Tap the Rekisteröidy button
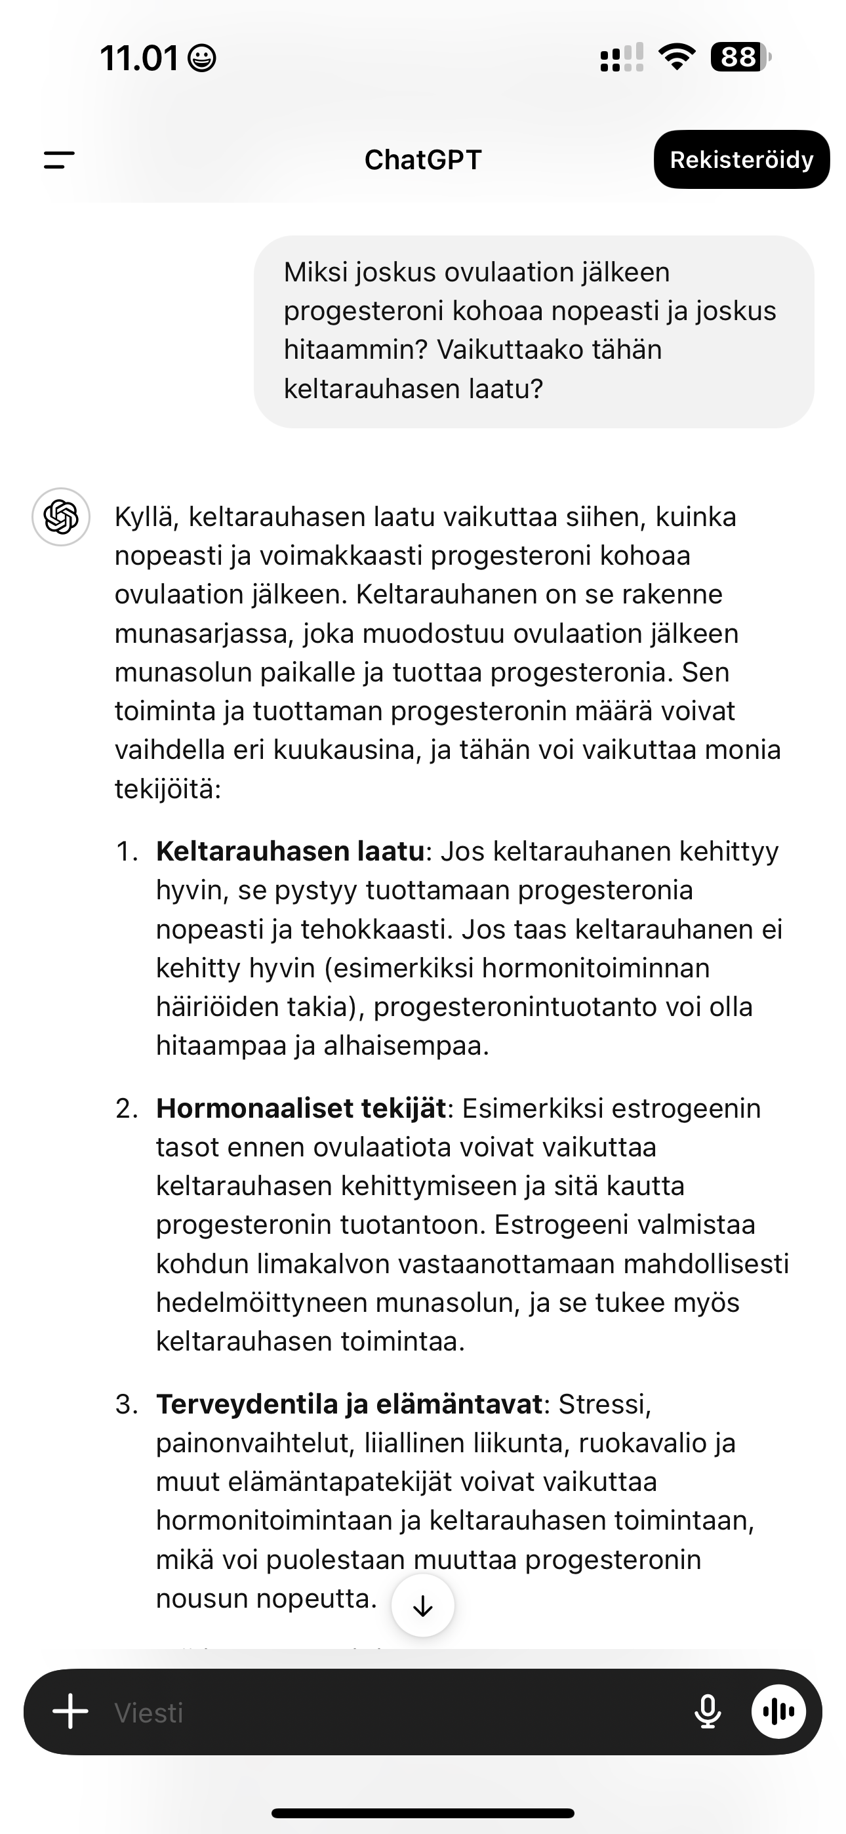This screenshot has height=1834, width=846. click(741, 159)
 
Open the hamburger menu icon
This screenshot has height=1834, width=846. click(59, 159)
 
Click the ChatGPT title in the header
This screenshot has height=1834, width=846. click(423, 160)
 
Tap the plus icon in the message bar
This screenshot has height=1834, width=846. click(71, 1711)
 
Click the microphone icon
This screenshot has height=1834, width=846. click(707, 1711)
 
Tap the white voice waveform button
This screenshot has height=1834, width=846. click(778, 1711)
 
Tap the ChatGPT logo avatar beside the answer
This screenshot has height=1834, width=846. click(61, 517)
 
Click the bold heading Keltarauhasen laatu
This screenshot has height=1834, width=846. click(290, 851)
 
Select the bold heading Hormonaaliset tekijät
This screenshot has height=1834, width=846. click(300, 1109)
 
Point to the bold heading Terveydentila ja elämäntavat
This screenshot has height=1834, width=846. click(349, 1404)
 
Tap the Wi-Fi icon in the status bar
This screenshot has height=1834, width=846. click(677, 57)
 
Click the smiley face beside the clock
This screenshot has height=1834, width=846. click(201, 58)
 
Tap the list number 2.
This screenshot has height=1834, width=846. click(126, 1109)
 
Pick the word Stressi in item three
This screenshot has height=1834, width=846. click(604, 1404)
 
